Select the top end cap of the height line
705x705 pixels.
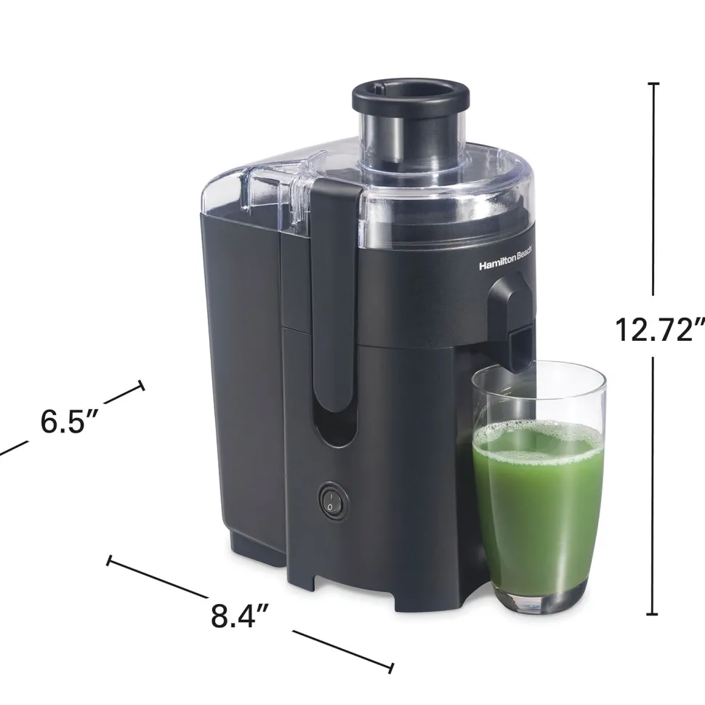[653, 84]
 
